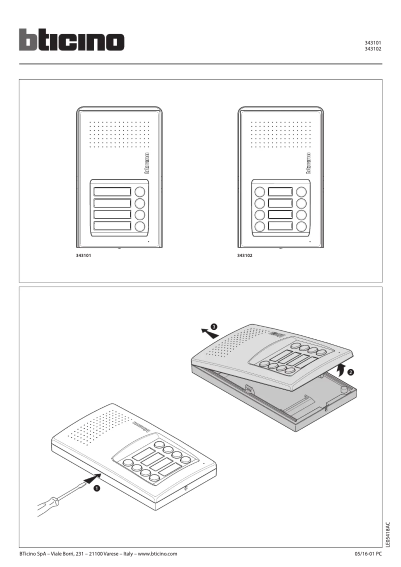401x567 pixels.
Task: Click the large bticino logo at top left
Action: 71,39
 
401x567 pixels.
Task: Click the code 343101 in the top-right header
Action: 373,43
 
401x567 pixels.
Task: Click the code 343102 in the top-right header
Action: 373,49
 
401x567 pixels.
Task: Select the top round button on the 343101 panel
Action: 140,192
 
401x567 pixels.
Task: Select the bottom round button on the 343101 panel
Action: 140,226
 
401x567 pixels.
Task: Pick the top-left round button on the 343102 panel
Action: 260,192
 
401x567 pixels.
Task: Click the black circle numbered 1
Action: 97,488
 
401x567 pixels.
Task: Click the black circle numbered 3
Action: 214,326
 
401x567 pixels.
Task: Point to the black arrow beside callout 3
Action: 204,330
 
